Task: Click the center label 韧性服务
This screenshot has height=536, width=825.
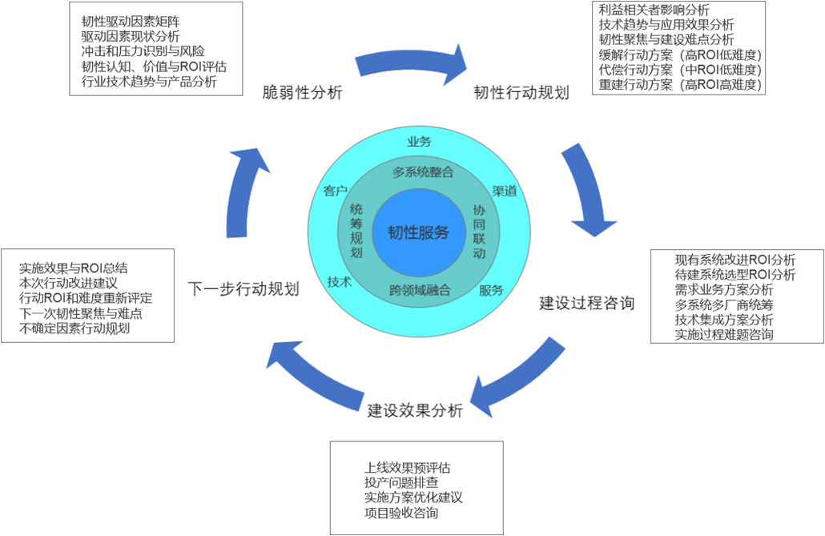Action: coord(419,232)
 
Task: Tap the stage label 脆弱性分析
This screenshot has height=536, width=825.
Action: coord(303,93)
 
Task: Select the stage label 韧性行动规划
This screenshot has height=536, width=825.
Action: coord(521,93)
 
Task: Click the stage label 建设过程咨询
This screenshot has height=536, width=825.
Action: coord(587,303)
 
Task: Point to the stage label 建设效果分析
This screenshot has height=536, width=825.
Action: coord(415,411)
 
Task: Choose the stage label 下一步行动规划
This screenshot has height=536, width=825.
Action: coord(243,288)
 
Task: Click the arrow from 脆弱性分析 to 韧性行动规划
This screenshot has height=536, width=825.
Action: coord(410,64)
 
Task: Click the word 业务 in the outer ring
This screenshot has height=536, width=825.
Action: coord(419,142)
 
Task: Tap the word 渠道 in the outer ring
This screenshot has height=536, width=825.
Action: coord(504,191)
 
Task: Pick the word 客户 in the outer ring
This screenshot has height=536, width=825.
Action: coord(335,191)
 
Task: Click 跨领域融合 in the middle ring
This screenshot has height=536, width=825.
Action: coord(420,290)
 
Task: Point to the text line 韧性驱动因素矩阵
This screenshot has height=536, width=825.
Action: coord(129,21)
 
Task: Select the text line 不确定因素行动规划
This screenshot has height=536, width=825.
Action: coord(74,328)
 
